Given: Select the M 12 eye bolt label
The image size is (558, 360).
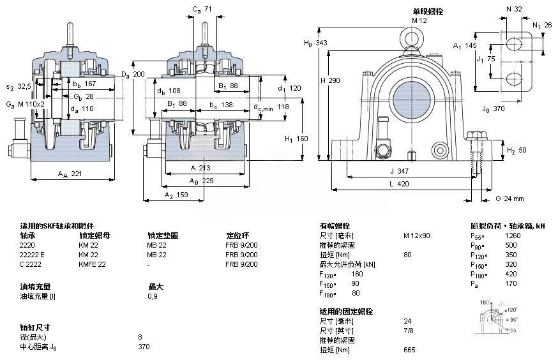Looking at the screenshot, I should (418, 20).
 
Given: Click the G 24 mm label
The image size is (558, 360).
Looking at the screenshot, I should (509, 199).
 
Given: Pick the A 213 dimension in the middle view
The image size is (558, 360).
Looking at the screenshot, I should (199, 168).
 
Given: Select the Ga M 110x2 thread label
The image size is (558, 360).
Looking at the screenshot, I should (23, 103).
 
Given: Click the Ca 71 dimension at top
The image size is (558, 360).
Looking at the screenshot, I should (202, 10).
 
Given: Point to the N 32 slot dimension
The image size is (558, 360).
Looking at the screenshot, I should (513, 9).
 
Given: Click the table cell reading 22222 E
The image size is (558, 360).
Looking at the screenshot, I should (33, 255).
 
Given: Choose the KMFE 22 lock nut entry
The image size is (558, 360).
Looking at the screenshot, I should (92, 264).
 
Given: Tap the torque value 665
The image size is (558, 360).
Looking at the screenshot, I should (409, 350).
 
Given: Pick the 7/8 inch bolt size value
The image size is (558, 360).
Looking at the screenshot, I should (408, 331).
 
